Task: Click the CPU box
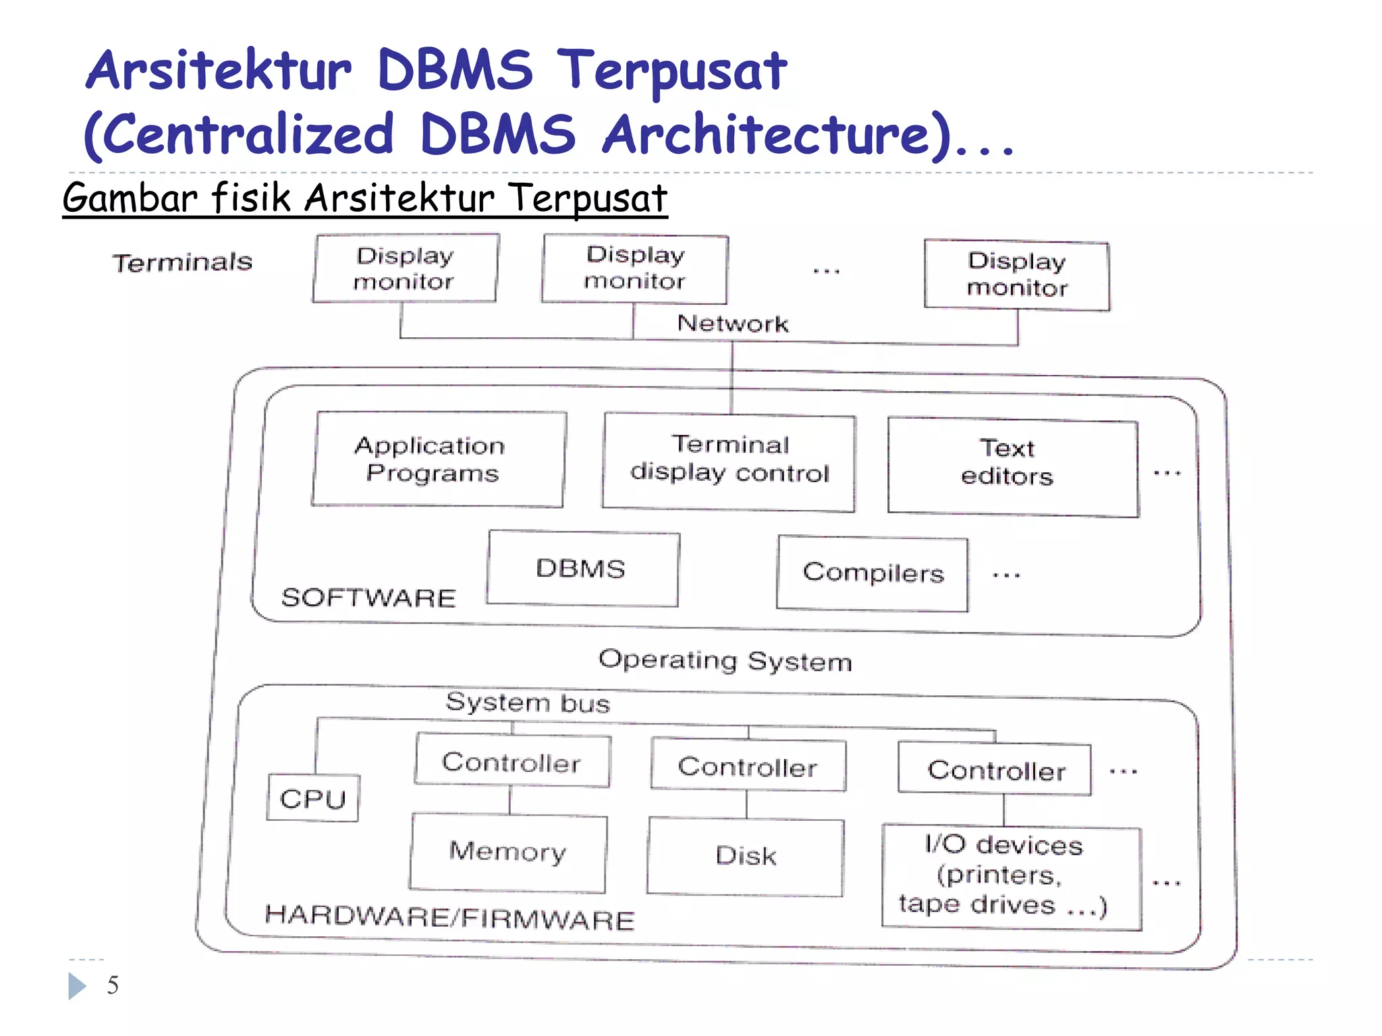click(313, 799)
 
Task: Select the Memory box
click(508, 853)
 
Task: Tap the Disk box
click(746, 857)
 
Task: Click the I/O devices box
click(1012, 877)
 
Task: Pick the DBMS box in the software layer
click(582, 569)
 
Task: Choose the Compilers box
click(873, 573)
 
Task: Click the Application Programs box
click(439, 459)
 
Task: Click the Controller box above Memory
click(512, 761)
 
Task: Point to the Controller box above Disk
click(748, 766)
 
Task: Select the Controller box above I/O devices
click(995, 770)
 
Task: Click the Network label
click(733, 324)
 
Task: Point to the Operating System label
click(725, 660)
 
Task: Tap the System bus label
click(528, 703)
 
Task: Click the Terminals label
click(182, 262)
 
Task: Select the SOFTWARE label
click(368, 598)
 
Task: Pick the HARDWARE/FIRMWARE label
click(449, 917)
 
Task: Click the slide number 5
click(113, 985)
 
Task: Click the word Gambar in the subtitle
click(129, 198)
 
